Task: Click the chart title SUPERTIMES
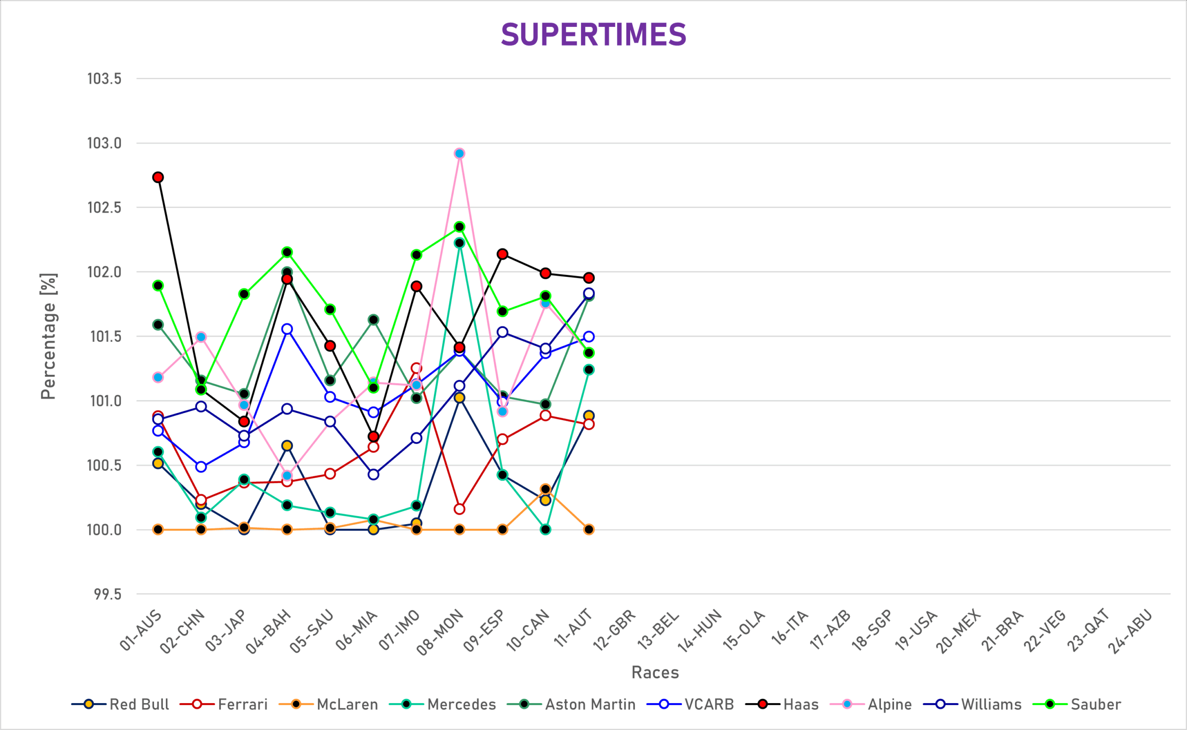pos(593,35)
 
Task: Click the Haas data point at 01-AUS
pos(158,177)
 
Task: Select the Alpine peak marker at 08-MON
pos(459,154)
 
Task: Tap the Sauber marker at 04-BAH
pos(287,252)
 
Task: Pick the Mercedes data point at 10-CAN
pos(545,530)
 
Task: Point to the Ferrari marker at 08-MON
pos(459,509)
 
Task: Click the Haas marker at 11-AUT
pos(589,278)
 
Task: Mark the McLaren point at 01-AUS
pos(158,530)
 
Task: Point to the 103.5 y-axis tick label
pos(104,79)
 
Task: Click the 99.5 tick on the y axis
pos(108,594)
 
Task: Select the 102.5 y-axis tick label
pos(104,208)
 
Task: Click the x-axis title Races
pos(655,672)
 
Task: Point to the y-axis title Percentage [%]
pos(48,337)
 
